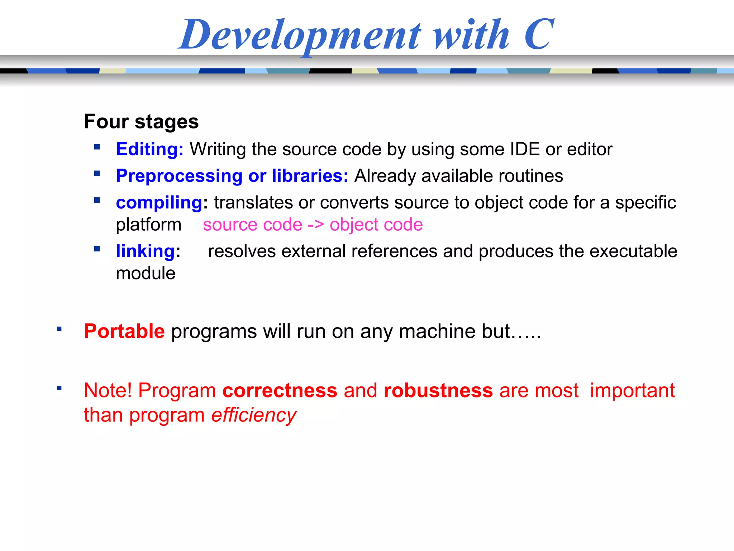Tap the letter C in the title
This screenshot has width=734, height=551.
(538, 34)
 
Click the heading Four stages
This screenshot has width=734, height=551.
(141, 122)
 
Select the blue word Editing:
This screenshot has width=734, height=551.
(149, 149)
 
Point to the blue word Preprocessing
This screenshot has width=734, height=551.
(179, 176)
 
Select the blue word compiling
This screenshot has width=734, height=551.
(159, 203)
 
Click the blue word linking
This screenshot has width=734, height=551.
(145, 251)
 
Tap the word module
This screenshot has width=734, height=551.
(146, 273)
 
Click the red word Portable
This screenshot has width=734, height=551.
(124, 331)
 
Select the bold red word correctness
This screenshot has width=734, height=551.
(280, 390)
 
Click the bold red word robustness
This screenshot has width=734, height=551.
(438, 390)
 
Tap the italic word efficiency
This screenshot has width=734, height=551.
(253, 415)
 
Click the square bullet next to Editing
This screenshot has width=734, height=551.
(97, 147)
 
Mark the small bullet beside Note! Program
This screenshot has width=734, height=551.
(59, 388)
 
